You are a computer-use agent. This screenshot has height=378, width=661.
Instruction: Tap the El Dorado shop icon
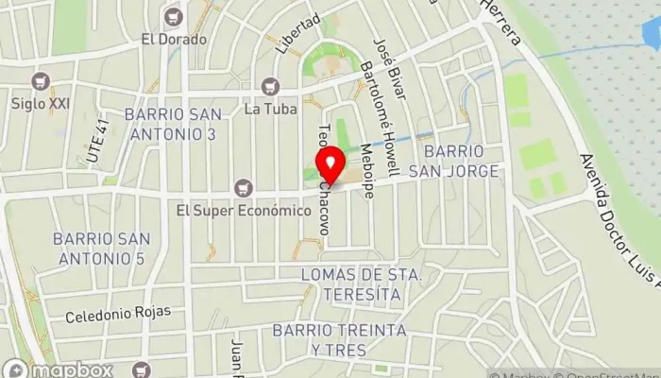click(173, 16)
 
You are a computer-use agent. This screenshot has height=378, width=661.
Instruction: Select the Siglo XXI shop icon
click(39, 80)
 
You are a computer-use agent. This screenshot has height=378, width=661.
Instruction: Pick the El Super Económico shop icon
click(245, 186)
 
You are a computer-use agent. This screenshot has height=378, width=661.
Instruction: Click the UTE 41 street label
click(97, 143)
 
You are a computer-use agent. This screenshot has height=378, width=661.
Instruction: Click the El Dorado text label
click(173, 40)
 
